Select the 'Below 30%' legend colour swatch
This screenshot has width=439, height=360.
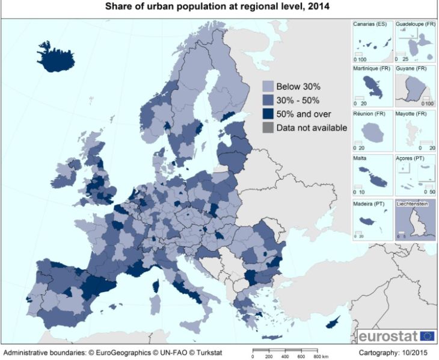268,86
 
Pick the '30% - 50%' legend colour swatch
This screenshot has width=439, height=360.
268,100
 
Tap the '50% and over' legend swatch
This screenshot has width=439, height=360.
268,114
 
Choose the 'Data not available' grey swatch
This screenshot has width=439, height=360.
268,128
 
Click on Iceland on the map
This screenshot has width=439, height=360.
57,58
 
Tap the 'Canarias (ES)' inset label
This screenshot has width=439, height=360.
370,24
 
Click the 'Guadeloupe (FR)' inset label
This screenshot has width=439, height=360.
414,24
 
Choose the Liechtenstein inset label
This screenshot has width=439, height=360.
414,204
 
